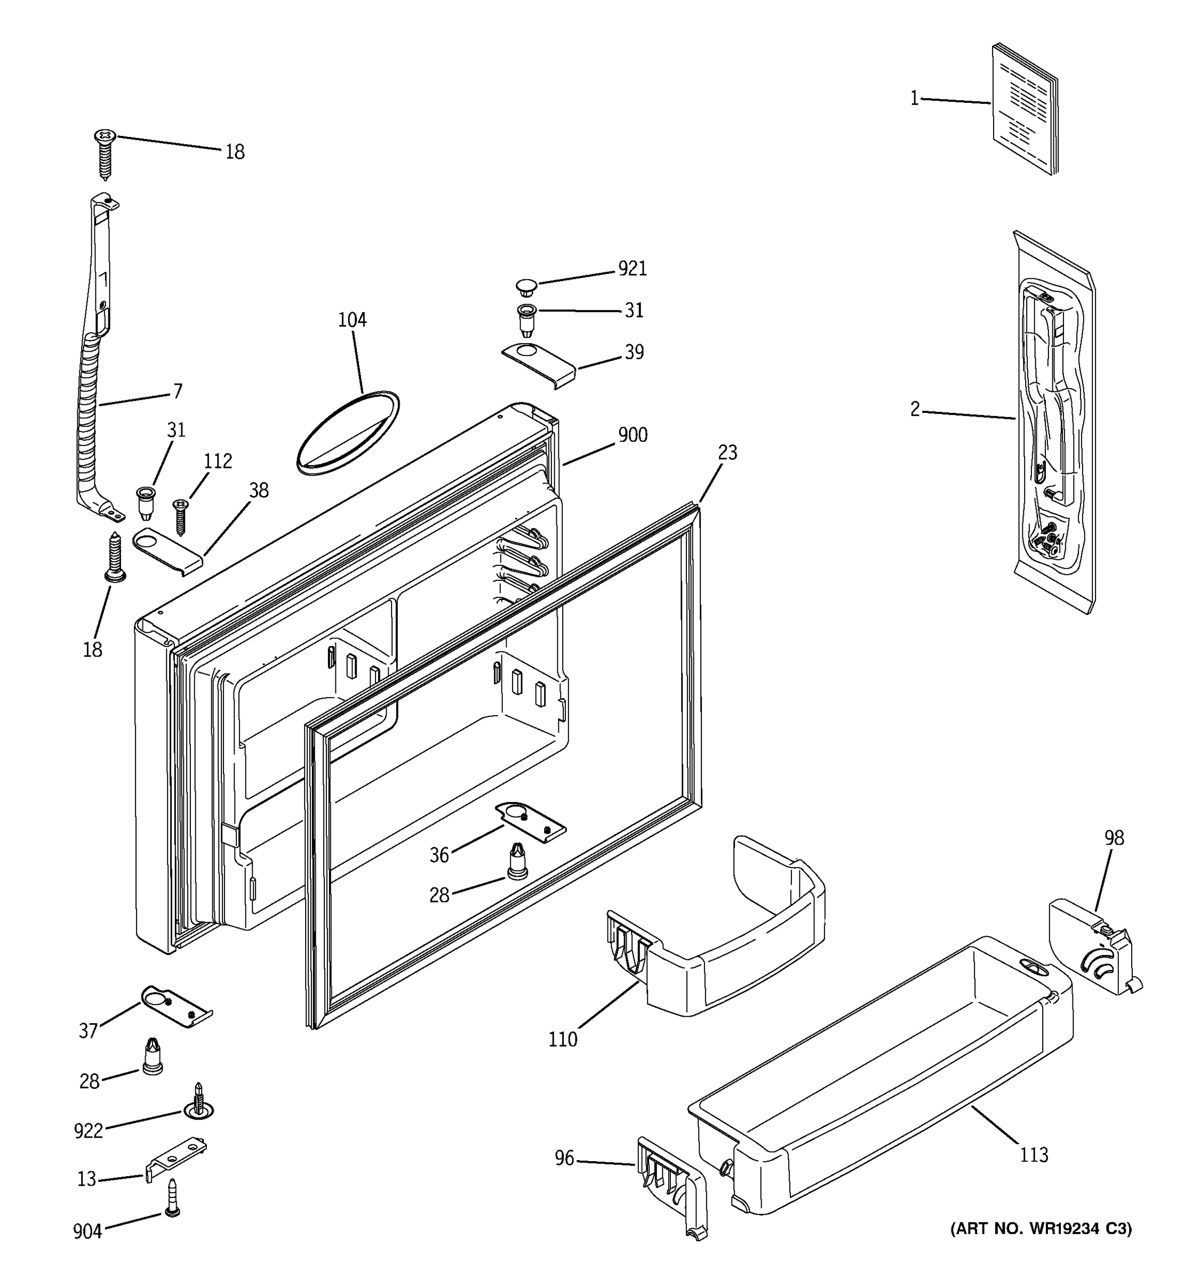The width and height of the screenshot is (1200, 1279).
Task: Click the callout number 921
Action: pyautogui.click(x=632, y=269)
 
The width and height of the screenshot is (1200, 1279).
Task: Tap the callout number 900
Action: pyautogui.click(x=632, y=435)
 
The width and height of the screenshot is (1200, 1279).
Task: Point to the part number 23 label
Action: pyautogui.click(x=727, y=453)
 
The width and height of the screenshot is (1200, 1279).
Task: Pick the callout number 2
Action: pyautogui.click(x=915, y=409)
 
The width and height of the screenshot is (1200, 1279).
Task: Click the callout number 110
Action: pyautogui.click(x=563, y=1040)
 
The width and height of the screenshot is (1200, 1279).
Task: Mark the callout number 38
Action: pyautogui.click(x=259, y=491)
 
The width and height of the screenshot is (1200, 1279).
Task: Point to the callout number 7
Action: pyautogui.click(x=178, y=391)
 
